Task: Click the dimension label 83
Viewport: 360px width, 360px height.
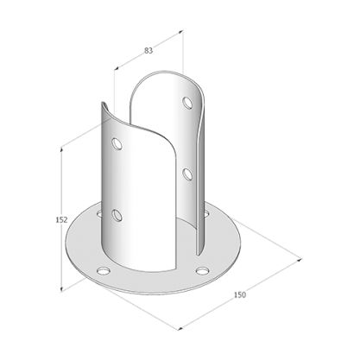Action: click(149, 52)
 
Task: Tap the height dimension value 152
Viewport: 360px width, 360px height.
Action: click(51, 219)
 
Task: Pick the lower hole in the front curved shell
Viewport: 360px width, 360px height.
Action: click(117, 213)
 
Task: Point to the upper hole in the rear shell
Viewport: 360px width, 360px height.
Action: click(188, 104)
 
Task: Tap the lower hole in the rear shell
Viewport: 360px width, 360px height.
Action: click(186, 174)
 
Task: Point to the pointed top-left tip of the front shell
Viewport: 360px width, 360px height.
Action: click(102, 107)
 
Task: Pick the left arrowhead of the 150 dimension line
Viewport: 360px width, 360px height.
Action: click(180, 327)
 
